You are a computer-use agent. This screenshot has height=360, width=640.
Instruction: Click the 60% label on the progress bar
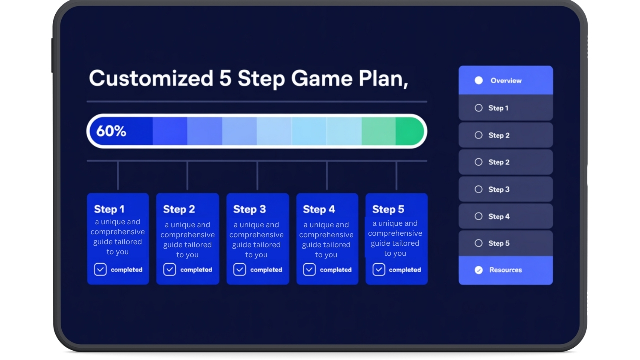111,131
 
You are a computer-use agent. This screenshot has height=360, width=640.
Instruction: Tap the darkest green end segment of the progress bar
409,131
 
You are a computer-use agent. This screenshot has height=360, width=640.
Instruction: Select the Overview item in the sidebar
506,80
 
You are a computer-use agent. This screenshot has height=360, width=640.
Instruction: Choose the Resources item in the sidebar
506,270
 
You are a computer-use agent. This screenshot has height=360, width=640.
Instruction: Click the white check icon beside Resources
479,270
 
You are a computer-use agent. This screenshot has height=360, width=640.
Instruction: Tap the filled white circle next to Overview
479,81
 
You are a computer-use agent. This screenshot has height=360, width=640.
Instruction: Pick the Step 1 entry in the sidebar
506,108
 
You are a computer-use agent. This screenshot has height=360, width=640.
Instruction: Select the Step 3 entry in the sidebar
506,189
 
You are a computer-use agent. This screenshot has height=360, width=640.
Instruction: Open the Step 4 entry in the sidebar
506,216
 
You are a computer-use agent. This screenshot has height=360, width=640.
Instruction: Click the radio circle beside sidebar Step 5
479,243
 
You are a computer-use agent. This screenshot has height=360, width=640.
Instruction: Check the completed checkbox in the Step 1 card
100,269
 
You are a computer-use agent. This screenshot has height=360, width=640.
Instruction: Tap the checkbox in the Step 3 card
239,269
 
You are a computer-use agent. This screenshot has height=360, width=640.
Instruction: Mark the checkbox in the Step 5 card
379,269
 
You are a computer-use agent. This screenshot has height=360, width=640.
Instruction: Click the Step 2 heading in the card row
179,209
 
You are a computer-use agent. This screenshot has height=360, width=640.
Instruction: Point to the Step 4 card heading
319,209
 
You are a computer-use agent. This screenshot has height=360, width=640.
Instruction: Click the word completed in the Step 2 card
196,270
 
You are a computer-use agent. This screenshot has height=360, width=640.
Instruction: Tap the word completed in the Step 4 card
336,270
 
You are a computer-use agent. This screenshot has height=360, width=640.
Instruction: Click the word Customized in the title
151,78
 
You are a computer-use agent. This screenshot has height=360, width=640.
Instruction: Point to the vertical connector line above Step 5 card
396,175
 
